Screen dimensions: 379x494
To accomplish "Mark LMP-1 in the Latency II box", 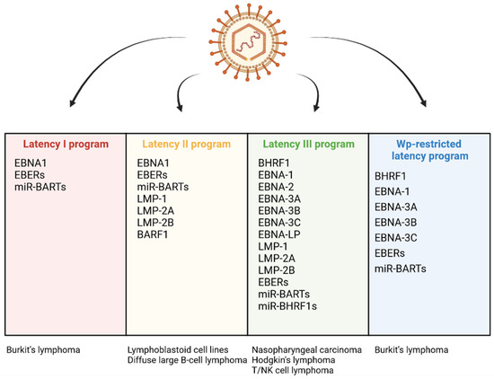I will click(152, 203).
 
